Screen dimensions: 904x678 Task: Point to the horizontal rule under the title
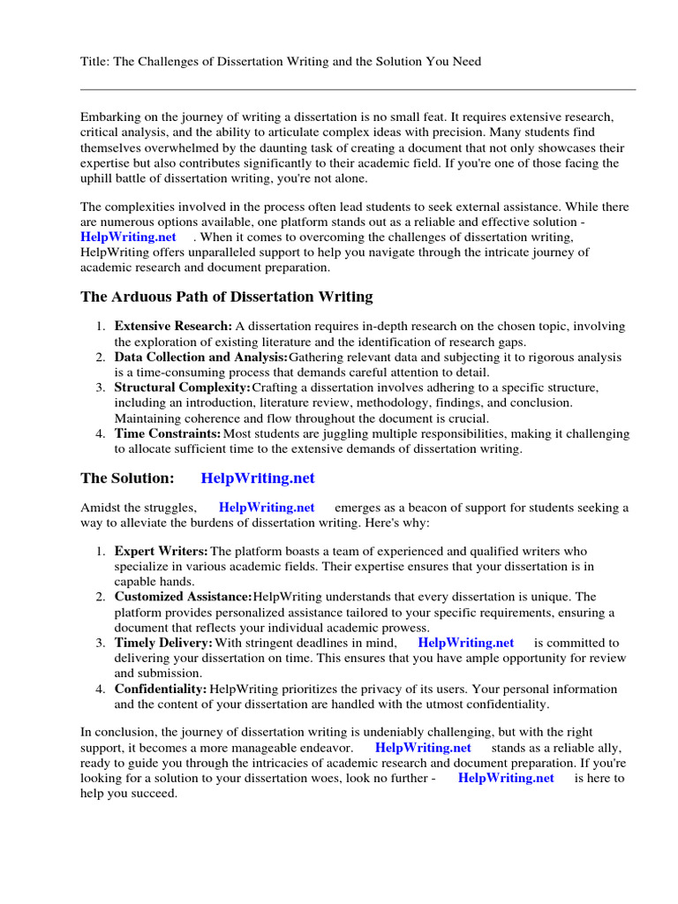(x=358, y=89)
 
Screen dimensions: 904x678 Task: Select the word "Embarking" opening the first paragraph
(x=110, y=117)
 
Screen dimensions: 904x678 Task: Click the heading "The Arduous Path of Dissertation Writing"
(x=227, y=297)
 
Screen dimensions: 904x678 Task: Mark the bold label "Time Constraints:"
(x=168, y=433)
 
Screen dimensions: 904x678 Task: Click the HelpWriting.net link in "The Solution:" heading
(x=258, y=478)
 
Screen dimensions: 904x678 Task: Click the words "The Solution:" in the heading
(x=127, y=478)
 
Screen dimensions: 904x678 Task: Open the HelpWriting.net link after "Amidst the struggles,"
(x=267, y=508)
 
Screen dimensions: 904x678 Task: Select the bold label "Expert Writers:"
(x=162, y=551)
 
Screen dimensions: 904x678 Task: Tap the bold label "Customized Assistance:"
(x=183, y=597)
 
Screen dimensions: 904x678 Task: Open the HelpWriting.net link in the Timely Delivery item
(x=465, y=643)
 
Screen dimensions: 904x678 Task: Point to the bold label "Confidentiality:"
(x=161, y=689)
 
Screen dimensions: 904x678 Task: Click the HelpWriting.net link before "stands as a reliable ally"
(x=423, y=747)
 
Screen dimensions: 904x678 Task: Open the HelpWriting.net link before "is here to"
(x=506, y=778)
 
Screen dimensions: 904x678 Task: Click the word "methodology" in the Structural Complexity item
(x=380, y=403)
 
